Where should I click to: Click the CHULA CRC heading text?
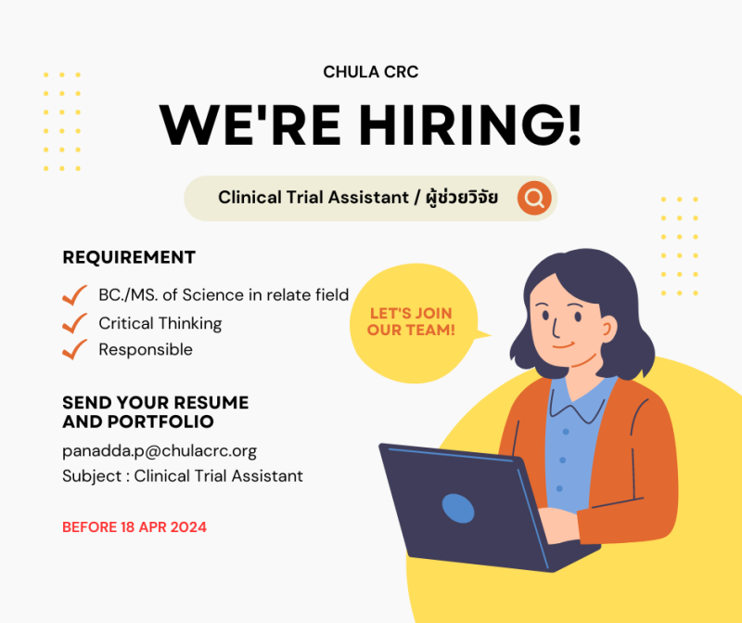pyautogui.click(x=370, y=72)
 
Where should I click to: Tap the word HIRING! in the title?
pyautogui.click(x=470, y=125)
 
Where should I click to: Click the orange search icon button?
pyautogui.click(x=534, y=198)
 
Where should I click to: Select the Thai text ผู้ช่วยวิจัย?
pyautogui.click(x=462, y=197)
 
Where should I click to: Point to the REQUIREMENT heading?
pyautogui.click(x=129, y=257)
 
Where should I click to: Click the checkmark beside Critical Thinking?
pyautogui.click(x=75, y=323)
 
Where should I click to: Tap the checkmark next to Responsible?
pyautogui.click(x=75, y=350)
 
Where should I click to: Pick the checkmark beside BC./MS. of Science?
pyautogui.click(x=75, y=295)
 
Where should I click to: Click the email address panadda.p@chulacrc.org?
pyautogui.click(x=160, y=451)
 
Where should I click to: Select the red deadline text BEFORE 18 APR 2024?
pyautogui.click(x=134, y=527)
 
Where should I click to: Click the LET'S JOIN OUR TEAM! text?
pyautogui.click(x=411, y=321)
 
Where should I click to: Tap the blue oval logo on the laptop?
pyautogui.click(x=458, y=509)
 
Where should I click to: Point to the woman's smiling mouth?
pyautogui.click(x=564, y=344)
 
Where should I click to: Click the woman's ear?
pyautogui.click(x=608, y=329)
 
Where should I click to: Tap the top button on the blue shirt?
pyautogui.click(x=566, y=432)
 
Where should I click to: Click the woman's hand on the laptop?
pyautogui.click(x=559, y=525)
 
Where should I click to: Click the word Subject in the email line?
pyautogui.click(x=92, y=476)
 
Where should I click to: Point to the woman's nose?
pyautogui.click(x=555, y=326)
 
